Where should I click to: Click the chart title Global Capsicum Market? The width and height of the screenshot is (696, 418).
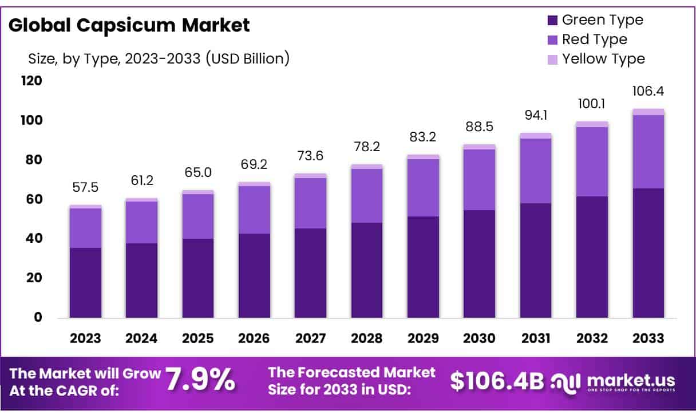coord(129,25)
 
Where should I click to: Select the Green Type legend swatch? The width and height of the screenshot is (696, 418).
coord(552,21)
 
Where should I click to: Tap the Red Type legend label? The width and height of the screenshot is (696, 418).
coord(594,40)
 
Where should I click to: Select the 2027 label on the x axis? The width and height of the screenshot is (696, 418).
coord(310,338)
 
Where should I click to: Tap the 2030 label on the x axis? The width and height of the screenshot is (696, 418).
coord(480,338)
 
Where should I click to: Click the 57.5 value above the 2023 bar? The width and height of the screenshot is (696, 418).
coord(85,188)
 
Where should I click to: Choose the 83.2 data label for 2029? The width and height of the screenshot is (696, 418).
coord(423,137)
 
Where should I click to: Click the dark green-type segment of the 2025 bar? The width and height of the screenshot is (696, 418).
coord(198,278)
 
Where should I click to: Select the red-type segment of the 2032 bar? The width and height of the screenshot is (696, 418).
coord(592,161)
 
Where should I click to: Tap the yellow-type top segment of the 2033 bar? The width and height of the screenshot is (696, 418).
coord(648,112)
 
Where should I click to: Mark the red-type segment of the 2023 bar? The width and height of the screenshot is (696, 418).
coord(85,228)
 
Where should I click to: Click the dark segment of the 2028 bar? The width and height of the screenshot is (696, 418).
coord(367,270)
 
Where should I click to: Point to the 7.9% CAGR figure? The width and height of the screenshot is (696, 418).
coord(200,380)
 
